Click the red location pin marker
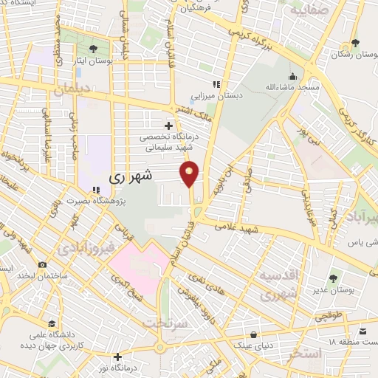[x=190, y=173]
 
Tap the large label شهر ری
[x=131, y=177]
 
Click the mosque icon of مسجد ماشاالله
[x=292, y=76]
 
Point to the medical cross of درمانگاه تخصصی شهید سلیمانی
[x=170, y=126]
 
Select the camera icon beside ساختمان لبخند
[x=42, y=264]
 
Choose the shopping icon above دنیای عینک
[x=254, y=334]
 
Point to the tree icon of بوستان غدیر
[x=332, y=278]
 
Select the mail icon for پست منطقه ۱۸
[x=362, y=331]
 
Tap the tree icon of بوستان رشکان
[x=355, y=43]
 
